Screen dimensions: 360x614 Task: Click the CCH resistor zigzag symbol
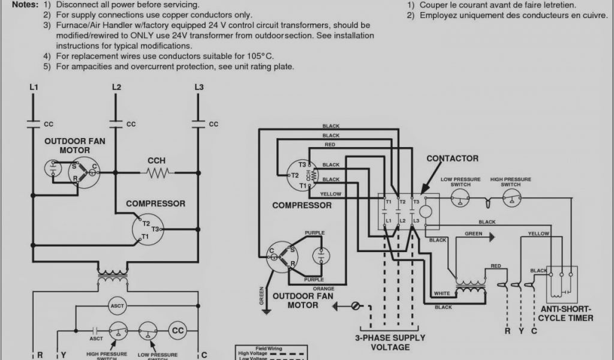pyautogui.click(x=157, y=173)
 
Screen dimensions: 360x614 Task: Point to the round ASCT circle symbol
pyautogui.click(x=117, y=306)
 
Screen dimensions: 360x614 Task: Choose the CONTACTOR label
pyautogui.click(x=452, y=158)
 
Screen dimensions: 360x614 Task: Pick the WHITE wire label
pyautogui.click(x=441, y=293)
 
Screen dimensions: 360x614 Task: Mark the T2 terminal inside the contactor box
pyautogui.click(x=403, y=203)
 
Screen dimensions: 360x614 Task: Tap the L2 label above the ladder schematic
pyautogui.click(x=116, y=88)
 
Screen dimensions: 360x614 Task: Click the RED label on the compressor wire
pyautogui.click(x=330, y=145)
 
